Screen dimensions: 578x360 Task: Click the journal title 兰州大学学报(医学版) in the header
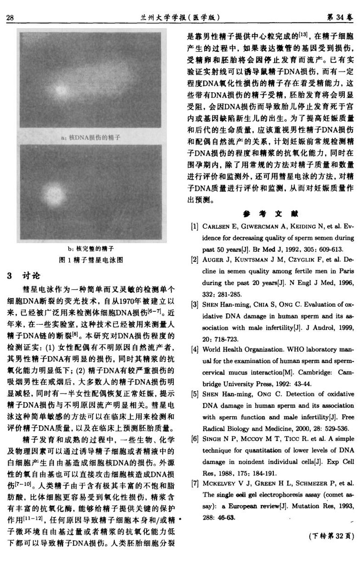182,18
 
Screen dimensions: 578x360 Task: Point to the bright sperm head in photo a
59,88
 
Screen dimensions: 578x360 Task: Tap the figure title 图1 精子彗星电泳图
91,260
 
